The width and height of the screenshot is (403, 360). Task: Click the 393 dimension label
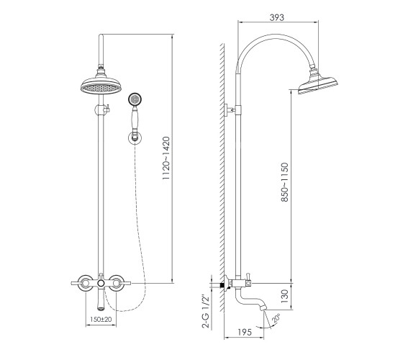pos(276,17)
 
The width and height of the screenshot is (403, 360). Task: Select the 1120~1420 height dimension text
pos(166,158)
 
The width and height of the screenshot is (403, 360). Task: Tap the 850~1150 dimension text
pos(285,182)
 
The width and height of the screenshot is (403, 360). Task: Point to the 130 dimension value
pos(285,296)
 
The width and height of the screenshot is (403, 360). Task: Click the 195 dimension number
pos(245,332)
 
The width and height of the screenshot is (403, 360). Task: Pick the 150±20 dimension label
pos(101,319)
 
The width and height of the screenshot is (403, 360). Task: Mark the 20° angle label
pos(276,318)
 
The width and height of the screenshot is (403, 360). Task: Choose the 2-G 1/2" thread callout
pos(206,311)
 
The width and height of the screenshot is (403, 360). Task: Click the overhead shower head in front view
pos(101,84)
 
